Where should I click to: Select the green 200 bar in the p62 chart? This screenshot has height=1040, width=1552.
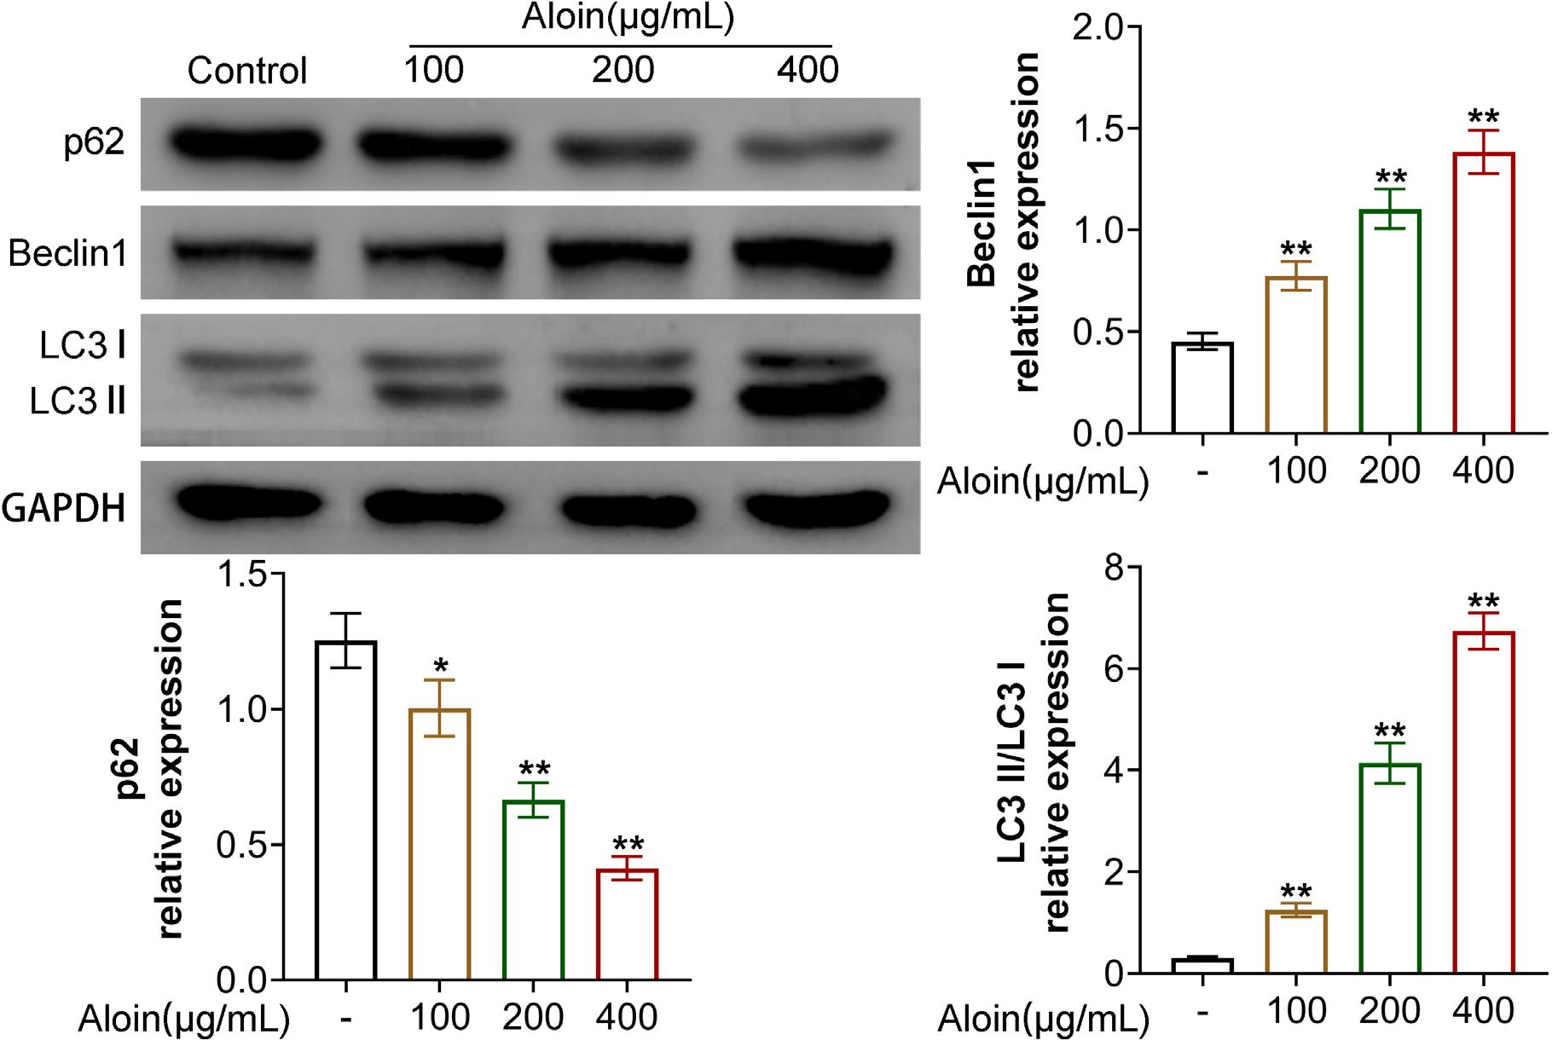(x=533, y=890)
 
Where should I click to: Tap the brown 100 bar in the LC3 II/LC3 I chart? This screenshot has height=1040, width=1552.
(x=1296, y=942)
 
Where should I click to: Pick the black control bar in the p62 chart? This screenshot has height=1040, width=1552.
(x=345, y=810)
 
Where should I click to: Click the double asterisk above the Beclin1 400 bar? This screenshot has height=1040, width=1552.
(x=1483, y=117)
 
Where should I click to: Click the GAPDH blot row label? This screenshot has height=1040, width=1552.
(x=64, y=509)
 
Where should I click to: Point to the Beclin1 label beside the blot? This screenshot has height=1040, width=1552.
(x=67, y=254)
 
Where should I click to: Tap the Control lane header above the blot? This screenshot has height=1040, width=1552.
(x=246, y=70)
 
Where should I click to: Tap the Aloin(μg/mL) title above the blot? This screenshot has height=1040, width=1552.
(x=627, y=19)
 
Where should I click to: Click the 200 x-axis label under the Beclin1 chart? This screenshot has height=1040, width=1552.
(x=1389, y=470)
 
